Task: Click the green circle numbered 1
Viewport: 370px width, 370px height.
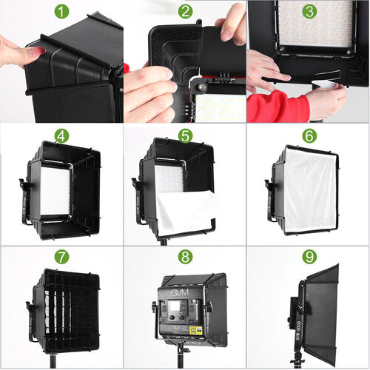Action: click(61, 12)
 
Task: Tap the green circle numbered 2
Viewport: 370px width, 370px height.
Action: click(185, 12)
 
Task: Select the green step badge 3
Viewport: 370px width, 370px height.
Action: click(309, 12)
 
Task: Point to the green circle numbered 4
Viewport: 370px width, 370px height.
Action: click(61, 135)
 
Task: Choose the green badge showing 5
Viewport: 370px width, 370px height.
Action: click(185, 135)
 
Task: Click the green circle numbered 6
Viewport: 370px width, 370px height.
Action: click(309, 135)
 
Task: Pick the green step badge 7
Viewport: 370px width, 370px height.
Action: click(61, 258)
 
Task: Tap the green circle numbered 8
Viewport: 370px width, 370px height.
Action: click(185, 258)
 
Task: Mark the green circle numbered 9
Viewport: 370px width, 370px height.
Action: click(309, 258)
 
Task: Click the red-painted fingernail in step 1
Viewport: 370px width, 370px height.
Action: click(37, 50)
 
